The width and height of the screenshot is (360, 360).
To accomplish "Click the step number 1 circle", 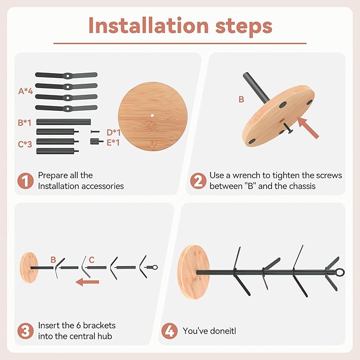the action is coord(25,181).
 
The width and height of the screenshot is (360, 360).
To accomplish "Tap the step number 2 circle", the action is coord(198,181).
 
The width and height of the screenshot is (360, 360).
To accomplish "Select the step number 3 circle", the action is coord(25,331).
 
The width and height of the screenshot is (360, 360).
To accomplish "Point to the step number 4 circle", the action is coord(170,331).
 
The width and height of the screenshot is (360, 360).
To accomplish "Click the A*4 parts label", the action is coord(25,91).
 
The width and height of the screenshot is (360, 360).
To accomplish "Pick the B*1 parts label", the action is coord(24,122).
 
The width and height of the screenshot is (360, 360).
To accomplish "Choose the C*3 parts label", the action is coord(25,144).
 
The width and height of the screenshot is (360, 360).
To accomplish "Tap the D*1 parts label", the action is coord(113,133).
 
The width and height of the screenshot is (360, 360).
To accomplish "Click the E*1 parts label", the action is coord(113,143).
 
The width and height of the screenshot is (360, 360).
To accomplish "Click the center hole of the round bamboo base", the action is coord(152,116).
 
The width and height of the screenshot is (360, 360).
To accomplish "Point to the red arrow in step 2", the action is coord(308,127).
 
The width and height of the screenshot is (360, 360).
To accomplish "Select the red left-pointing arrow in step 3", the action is coord(87,282).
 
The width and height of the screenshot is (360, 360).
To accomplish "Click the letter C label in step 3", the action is coord(92,260).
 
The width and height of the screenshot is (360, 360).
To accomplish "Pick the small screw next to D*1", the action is coord(95,132).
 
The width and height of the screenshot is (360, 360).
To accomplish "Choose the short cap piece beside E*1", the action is coord(96,142).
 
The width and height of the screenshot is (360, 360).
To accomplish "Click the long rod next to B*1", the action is coord(64,122).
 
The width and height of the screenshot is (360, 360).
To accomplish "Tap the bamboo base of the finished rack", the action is coord(194,272).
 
